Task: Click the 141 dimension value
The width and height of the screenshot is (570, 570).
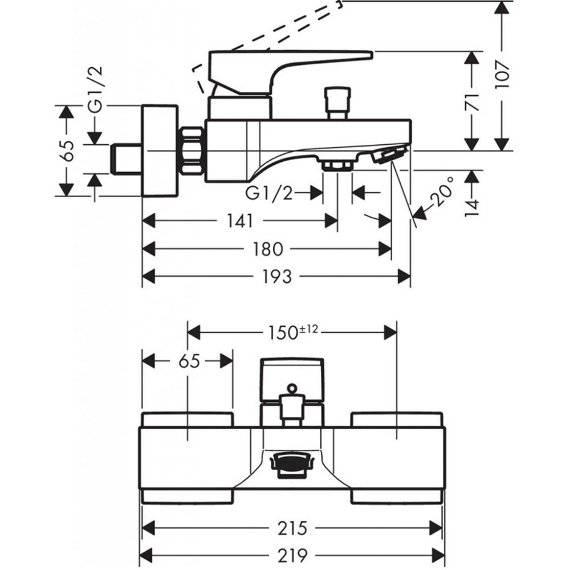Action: point(239,221)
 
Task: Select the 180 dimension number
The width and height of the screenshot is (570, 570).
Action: point(267,250)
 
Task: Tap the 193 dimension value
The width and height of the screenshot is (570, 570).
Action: point(276,276)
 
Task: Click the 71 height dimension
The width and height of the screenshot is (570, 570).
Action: point(472,102)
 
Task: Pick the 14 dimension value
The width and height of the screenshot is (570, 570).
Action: point(472,208)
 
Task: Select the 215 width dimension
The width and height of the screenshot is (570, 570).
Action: point(292,528)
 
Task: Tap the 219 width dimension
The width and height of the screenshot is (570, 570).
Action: point(292,555)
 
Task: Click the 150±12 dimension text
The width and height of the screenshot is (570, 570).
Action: point(292,332)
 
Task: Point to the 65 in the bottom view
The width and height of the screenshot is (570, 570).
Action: point(189,361)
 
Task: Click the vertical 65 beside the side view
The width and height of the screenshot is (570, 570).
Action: point(67,150)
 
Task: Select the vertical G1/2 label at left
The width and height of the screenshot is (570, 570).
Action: point(96,90)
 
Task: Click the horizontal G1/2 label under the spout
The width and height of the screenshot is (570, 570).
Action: point(269,193)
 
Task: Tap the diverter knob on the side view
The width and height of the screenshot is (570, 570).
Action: point(337,103)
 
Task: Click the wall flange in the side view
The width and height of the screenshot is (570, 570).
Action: point(160,151)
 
